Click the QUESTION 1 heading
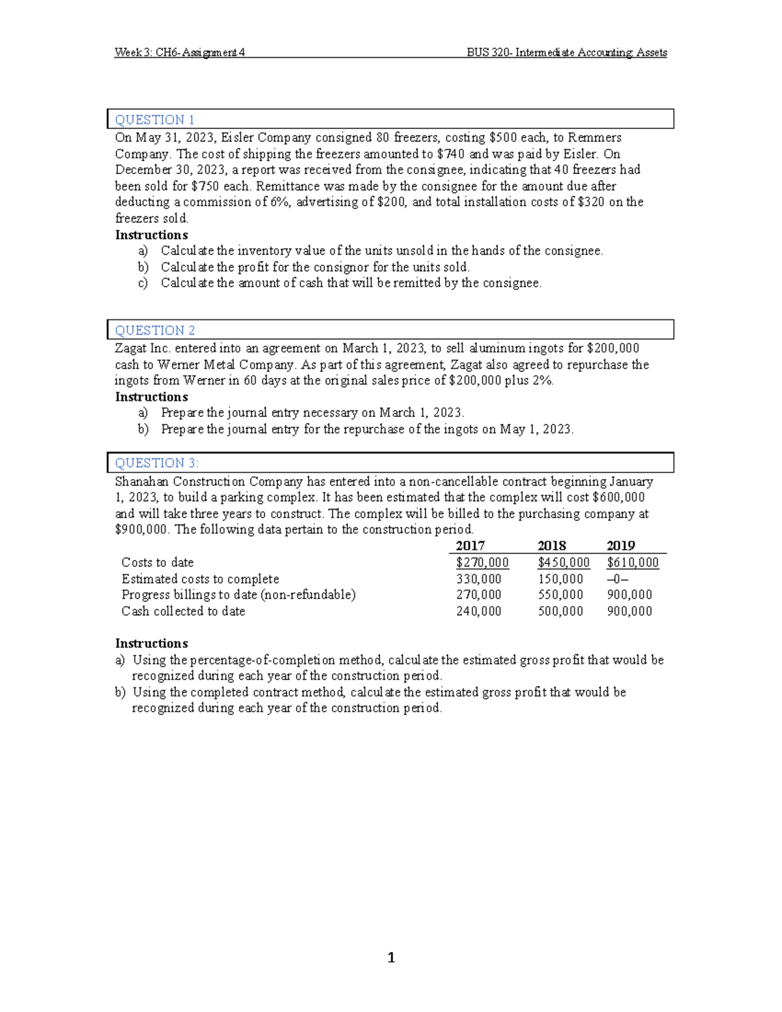tap(154, 120)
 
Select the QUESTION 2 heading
tap(154, 330)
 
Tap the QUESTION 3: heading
tap(156, 463)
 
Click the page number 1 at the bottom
tap(391, 957)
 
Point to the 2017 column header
tap(470, 546)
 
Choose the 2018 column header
tap(551, 546)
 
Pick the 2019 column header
tap(620, 546)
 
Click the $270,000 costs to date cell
tap(482, 563)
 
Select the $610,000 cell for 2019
tap(632, 563)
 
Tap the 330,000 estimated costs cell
tap(479, 579)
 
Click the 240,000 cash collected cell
tap(479, 611)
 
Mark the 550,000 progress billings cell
tap(560, 595)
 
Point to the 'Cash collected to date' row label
tap(183, 611)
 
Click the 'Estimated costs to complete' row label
tap(200, 579)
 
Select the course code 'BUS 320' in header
tap(488, 53)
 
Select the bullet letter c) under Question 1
tap(143, 283)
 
